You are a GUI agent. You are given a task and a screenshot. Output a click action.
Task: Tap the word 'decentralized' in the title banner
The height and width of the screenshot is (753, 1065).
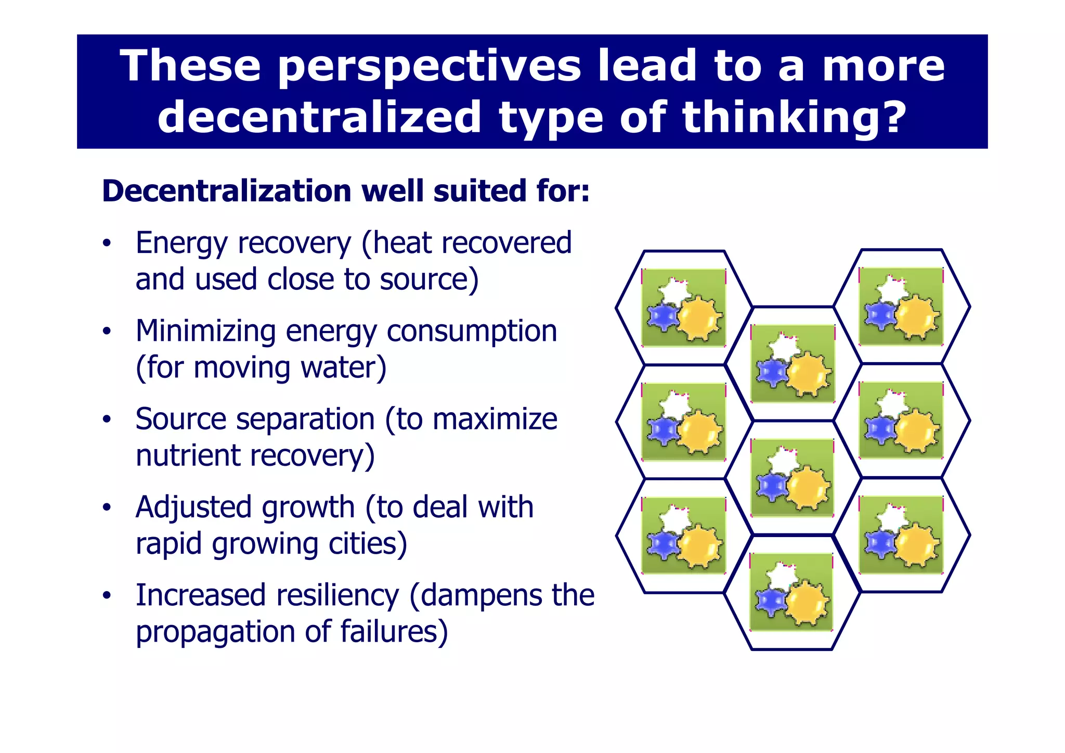click(319, 118)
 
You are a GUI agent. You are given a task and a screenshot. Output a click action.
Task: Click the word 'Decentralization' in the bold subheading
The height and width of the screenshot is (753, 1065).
click(227, 191)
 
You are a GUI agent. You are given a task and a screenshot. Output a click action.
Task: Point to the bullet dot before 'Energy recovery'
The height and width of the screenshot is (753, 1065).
click(107, 243)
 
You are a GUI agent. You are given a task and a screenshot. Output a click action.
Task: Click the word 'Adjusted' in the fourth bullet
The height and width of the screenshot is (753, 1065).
click(193, 507)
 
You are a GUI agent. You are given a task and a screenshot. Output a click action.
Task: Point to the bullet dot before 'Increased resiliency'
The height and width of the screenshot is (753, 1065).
click(107, 595)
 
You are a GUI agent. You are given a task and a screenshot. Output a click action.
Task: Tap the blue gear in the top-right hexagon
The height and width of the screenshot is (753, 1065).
click(879, 315)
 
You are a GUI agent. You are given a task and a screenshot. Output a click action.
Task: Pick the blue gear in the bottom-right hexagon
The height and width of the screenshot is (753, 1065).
click(879, 544)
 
